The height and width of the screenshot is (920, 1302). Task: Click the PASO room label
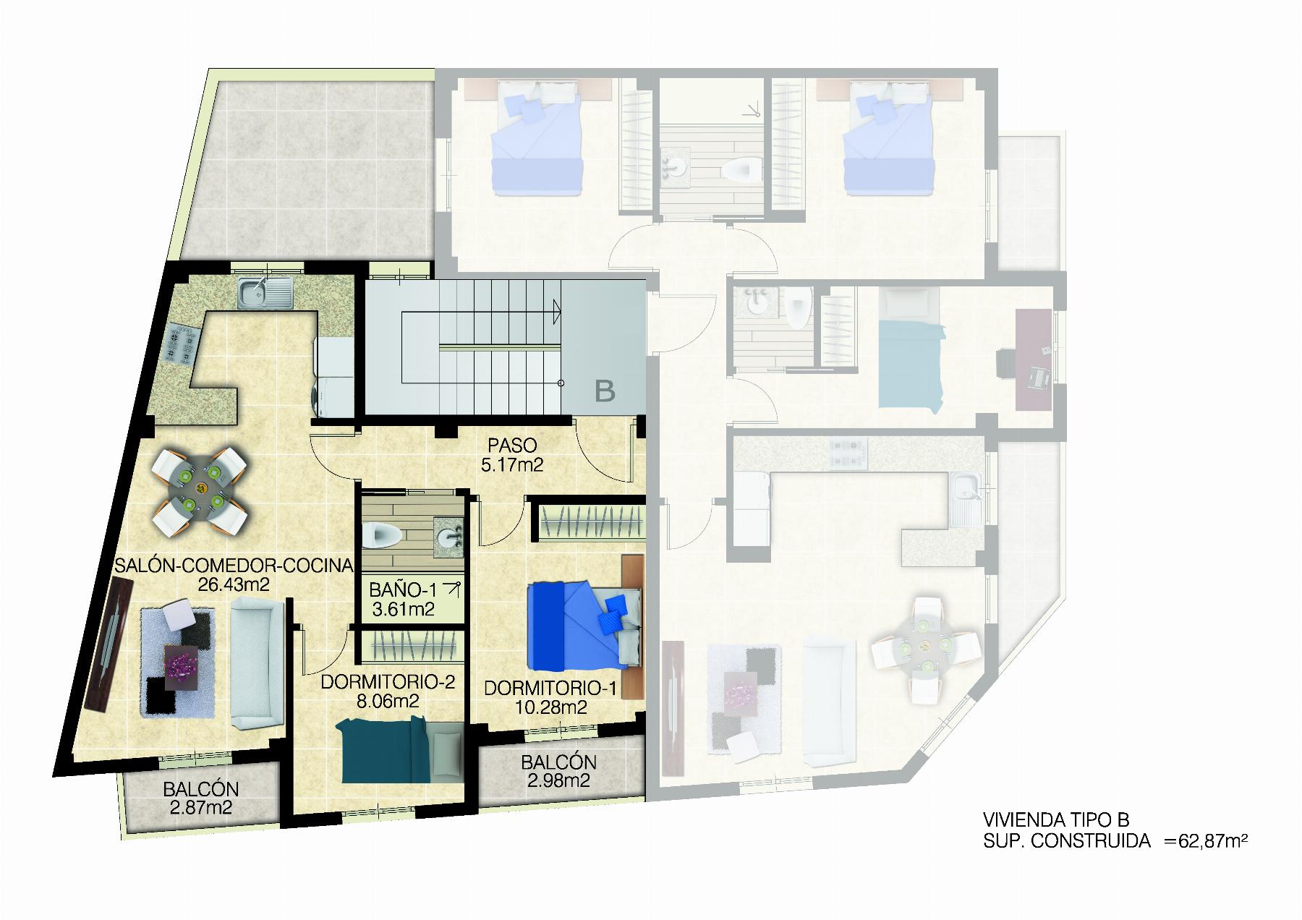click(x=511, y=443)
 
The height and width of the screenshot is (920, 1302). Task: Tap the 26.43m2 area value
click(x=229, y=584)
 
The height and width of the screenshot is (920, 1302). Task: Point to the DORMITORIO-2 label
click(x=388, y=682)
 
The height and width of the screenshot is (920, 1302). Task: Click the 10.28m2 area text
click(x=550, y=707)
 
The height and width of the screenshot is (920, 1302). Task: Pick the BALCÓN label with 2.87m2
click(x=200, y=789)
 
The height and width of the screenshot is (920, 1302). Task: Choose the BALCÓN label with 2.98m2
click(x=558, y=762)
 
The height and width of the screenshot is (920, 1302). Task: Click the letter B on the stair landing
click(x=605, y=391)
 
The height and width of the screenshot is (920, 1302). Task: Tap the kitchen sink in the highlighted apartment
click(x=265, y=294)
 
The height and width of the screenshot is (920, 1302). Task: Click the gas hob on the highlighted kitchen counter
click(x=182, y=344)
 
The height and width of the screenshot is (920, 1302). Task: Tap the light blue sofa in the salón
click(x=256, y=663)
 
